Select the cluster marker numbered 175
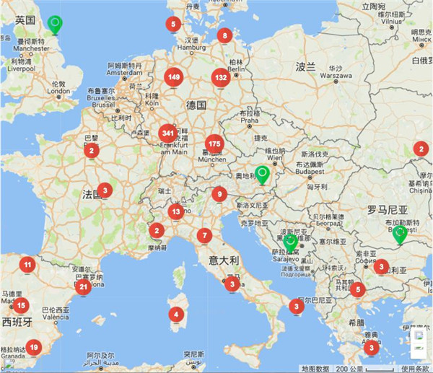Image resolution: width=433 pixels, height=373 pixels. pos(214,142)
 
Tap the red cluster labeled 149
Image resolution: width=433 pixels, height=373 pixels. pos(174,77)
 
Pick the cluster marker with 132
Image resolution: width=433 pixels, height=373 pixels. pos(222,77)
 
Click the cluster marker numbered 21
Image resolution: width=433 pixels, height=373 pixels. pos(84,286)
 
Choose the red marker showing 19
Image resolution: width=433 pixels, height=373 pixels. pos(34,347)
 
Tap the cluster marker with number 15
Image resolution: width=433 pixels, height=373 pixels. pos(21,305)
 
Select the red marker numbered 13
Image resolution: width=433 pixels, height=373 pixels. pos(176,211)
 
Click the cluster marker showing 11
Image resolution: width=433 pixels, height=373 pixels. pos(28,265)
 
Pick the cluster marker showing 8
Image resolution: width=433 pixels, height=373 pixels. pos(225,35)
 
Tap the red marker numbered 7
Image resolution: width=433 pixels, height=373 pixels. pos(205,234)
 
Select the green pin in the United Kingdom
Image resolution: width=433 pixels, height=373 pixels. pos(54,25)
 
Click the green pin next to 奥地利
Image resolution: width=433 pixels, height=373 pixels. pos(263,174)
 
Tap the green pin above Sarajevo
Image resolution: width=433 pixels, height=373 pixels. pos(290,242)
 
